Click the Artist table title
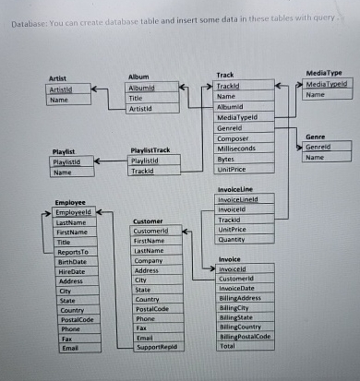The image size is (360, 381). [x=59, y=80]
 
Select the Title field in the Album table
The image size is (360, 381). [x=136, y=98]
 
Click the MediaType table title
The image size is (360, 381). [x=323, y=72]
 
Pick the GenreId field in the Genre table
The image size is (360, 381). [x=318, y=147]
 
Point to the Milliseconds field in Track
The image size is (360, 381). [x=237, y=148]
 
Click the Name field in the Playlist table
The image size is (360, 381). [x=64, y=172]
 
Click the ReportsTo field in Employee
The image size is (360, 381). [x=73, y=251]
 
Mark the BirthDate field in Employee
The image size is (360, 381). [x=71, y=262]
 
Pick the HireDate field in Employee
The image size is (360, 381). [x=70, y=272]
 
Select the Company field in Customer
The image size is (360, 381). [x=148, y=261]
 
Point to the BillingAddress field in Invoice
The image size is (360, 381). [x=243, y=299]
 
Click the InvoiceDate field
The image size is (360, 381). [x=238, y=289]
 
